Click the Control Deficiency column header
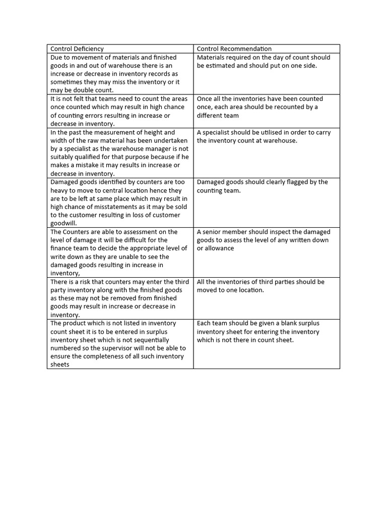click(x=77, y=49)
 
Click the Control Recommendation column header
click(x=234, y=49)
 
